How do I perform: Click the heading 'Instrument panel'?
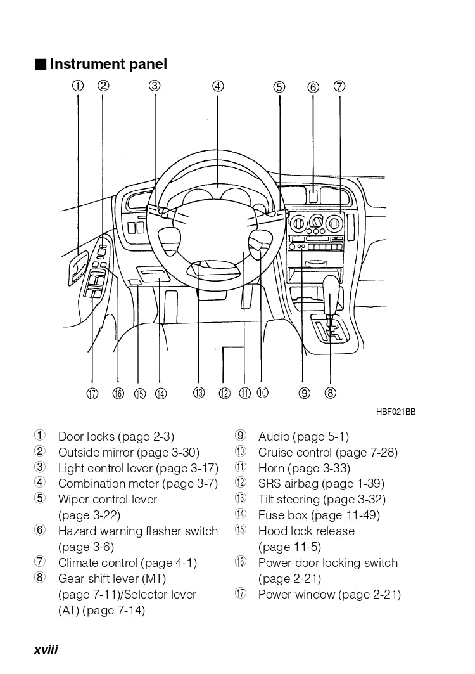click(x=108, y=64)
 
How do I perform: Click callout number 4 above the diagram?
click(x=218, y=86)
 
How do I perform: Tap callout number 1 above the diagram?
click(x=77, y=86)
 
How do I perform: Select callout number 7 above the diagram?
click(x=339, y=86)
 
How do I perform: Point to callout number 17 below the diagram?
click(x=92, y=394)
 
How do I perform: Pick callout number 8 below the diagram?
click(x=330, y=393)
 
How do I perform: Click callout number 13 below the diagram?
click(x=199, y=393)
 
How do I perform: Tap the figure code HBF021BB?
click(x=396, y=412)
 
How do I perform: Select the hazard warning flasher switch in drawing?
click(x=313, y=196)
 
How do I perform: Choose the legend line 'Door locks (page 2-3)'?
click(x=116, y=436)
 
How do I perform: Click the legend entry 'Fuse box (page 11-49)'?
click(x=319, y=515)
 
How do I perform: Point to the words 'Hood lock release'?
click(x=307, y=531)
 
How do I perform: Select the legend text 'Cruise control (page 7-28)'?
click(x=328, y=452)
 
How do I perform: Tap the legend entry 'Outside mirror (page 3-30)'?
click(x=129, y=452)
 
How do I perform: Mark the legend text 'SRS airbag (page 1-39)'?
click(x=321, y=484)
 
